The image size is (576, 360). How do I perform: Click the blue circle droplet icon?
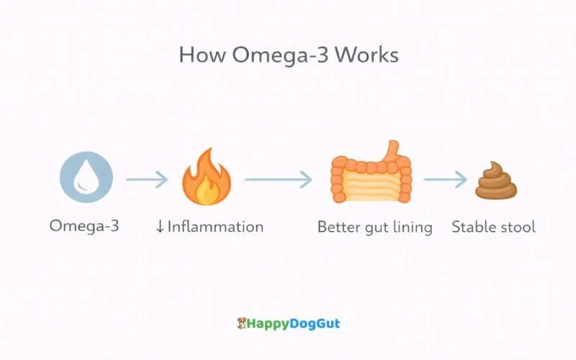[86, 179]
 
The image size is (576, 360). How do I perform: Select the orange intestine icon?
[370, 178]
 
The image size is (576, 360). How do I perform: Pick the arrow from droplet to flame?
[147, 179]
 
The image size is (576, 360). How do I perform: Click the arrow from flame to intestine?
[278, 179]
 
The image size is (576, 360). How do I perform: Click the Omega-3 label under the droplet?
[84, 226]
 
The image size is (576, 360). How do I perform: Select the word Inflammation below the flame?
[215, 227]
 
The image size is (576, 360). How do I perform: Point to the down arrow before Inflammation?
[160, 227]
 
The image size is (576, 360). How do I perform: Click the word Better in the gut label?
[339, 227]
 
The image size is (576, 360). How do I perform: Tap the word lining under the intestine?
[410, 228]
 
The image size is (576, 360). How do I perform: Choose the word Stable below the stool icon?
[473, 227]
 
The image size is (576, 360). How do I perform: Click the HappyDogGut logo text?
[294, 323]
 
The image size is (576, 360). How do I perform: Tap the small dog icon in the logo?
[242, 323]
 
